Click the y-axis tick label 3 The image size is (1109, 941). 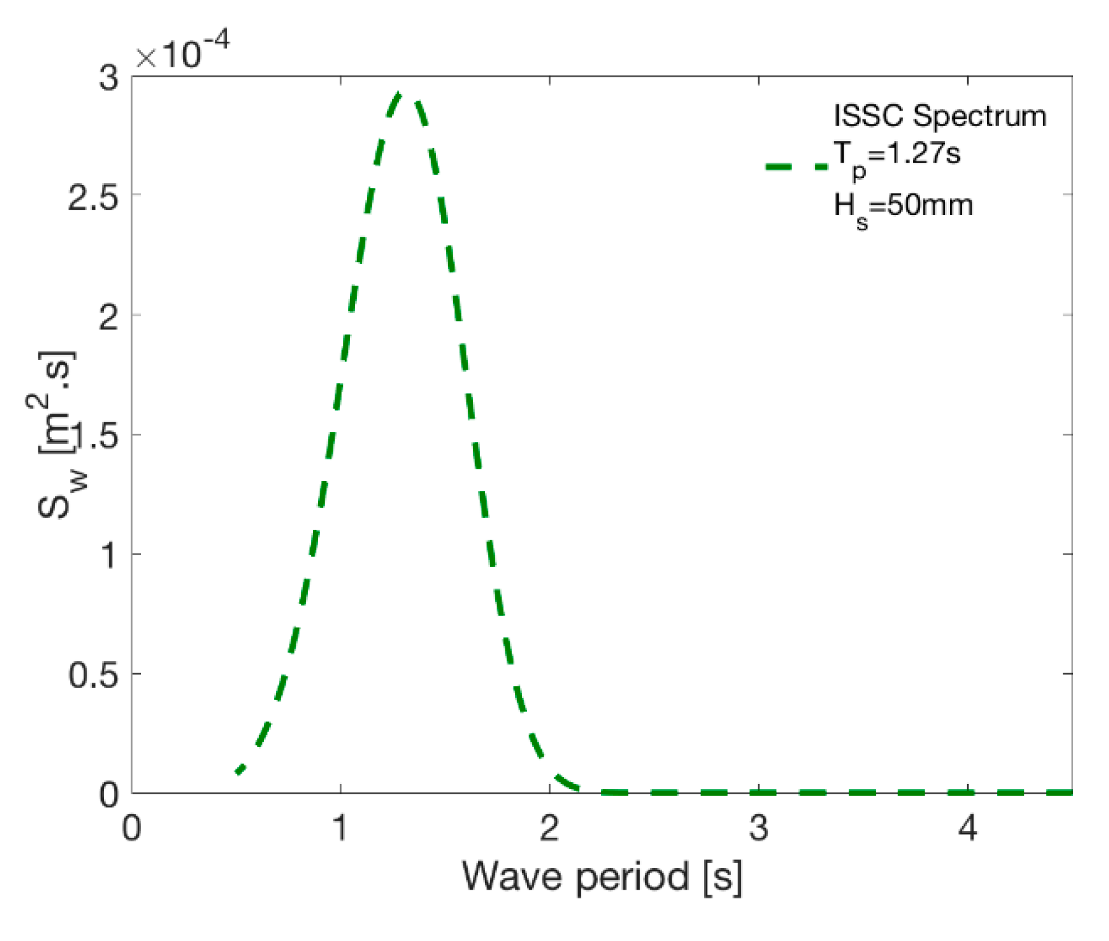point(108,79)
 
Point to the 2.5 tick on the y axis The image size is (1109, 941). point(92,198)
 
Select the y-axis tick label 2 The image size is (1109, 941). point(108,318)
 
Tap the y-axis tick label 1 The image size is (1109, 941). point(109,555)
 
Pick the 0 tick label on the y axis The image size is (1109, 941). point(109,794)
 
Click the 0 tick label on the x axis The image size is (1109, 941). point(132,827)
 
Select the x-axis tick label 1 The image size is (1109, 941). point(340,827)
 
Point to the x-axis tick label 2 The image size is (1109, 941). point(549,827)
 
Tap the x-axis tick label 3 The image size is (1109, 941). point(758,827)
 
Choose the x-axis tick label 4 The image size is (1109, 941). point(967,827)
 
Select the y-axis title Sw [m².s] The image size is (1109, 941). point(56,436)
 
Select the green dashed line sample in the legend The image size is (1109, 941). point(796,166)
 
